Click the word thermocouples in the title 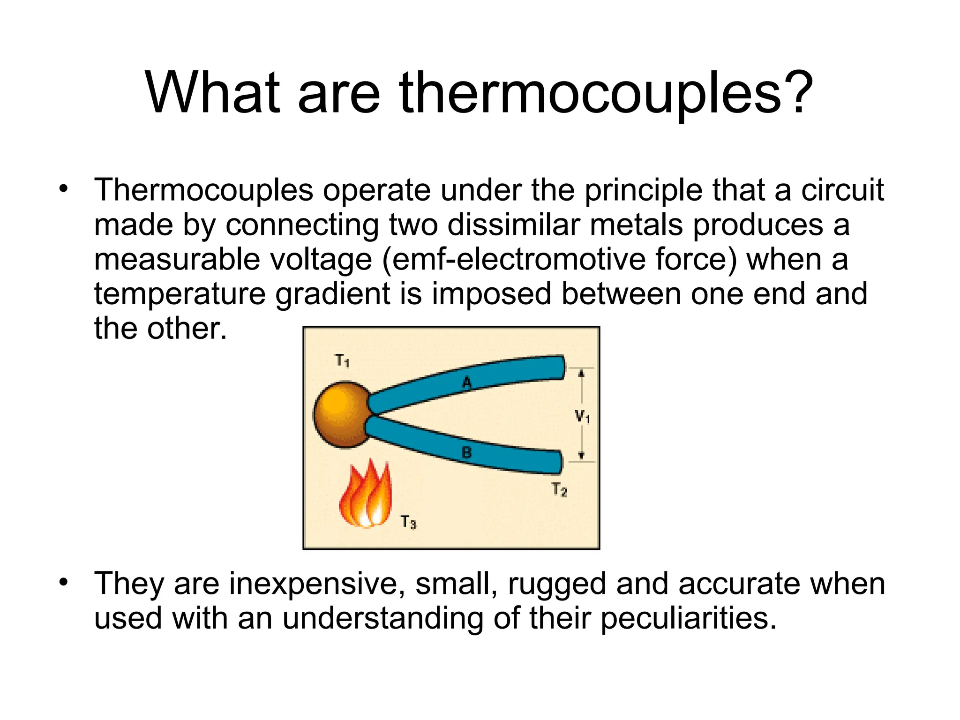point(586,94)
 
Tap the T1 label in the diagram point(342,360)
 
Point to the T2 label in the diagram point(559,489)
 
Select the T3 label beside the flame point(408,522)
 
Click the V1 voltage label point(582,416)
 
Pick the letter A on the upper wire point(466,382)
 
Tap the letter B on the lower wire point(466,452)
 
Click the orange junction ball point(341,415)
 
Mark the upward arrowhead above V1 point(581,374)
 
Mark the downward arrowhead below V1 point(581,455)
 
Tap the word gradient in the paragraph point(332,294)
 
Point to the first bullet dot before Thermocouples point(63,189)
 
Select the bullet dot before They point(63,583)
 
